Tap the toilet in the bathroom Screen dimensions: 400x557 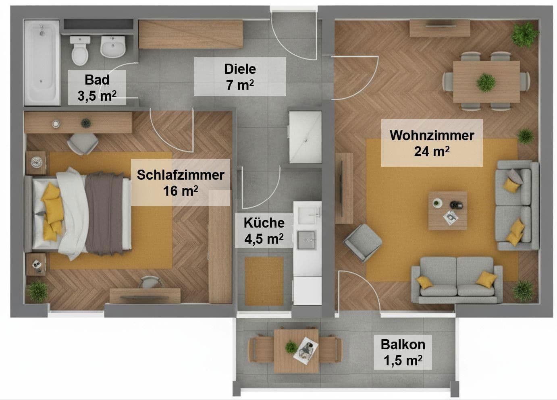[x=80, y=50]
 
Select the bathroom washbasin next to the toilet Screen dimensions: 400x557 [x=113, y=47]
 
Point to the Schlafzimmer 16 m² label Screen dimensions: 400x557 [x=180, y=182]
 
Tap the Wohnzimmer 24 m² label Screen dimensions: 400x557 [x=432, y=143]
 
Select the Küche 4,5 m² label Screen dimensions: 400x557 [x=264, y=231]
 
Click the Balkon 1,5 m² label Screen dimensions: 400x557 [x=403, y=352]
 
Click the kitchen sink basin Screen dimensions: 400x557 [x=307, y=240]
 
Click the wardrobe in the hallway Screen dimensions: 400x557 [x=191, y=34]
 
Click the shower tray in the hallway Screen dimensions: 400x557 [x=305, y=137]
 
